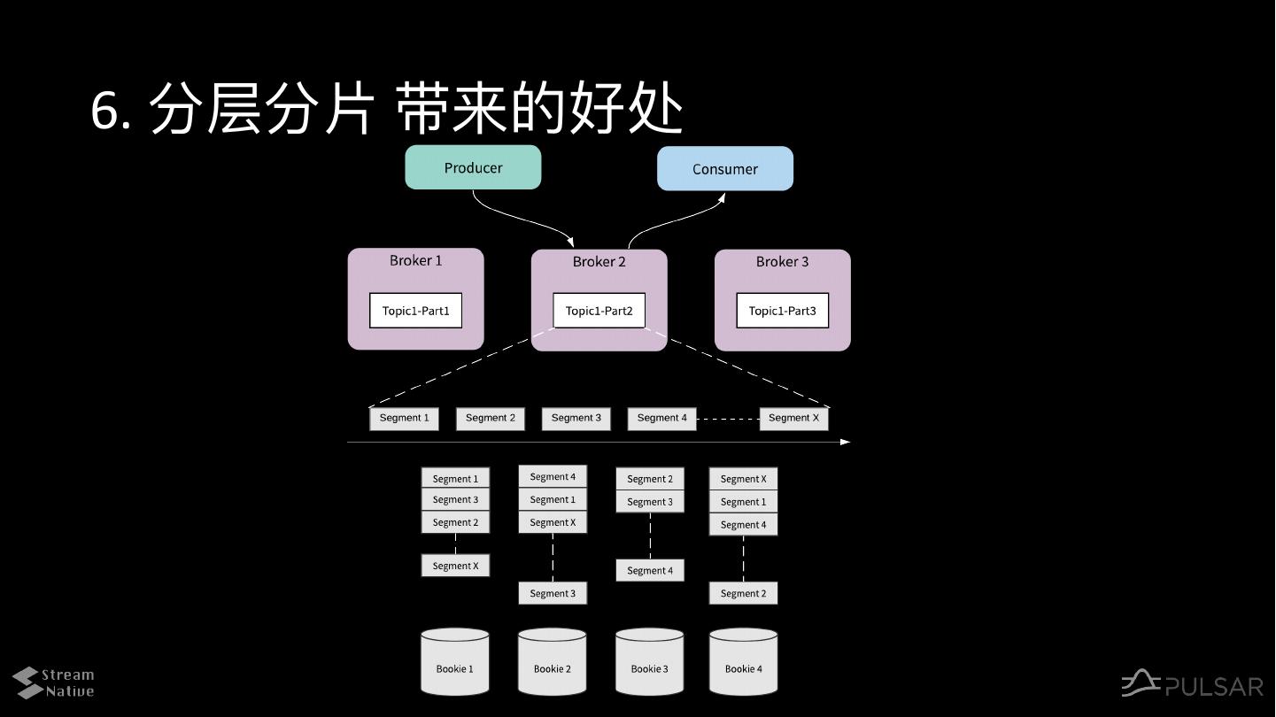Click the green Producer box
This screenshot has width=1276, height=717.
(473, 167)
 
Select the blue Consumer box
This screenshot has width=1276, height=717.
(724, 168)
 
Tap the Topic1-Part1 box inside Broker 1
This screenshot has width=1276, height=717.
(415, 311)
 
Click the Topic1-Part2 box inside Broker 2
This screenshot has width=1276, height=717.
(599, 311)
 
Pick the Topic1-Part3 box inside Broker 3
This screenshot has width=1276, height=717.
(782, 311)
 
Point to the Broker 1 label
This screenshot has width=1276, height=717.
(415, 260)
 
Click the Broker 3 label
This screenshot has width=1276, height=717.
(782, 261)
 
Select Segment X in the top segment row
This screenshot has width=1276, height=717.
(793, 418)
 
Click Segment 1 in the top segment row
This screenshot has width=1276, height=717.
(404, 418)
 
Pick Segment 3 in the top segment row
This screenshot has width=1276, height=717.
(576, 418)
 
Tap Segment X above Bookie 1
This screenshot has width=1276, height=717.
(455, 566)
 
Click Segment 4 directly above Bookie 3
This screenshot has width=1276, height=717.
(650, 571)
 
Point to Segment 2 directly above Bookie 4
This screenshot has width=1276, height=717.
(743, 593)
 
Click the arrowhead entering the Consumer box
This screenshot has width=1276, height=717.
(722, 197)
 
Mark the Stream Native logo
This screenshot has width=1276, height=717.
(53, 682)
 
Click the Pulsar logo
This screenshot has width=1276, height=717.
(1192, 685)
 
